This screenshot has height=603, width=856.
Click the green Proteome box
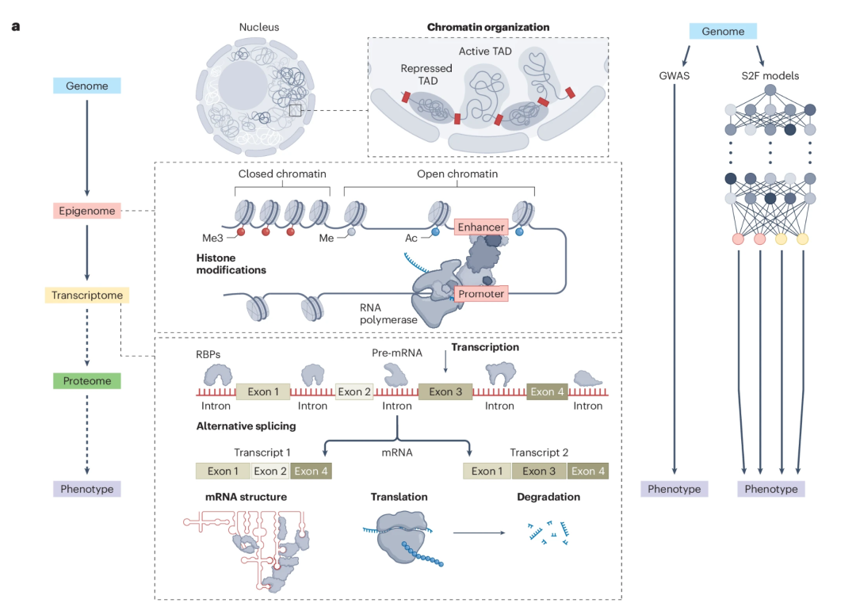tap(87, 381)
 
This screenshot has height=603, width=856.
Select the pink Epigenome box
tap(87, 211)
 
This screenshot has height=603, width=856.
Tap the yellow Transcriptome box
tap(87, 296)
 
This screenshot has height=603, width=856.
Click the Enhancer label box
tap(480, 227)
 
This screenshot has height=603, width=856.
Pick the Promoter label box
tap(481, 294)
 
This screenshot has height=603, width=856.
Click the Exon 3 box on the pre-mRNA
tap(445, 391)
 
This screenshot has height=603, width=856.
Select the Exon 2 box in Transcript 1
tap(270, 471)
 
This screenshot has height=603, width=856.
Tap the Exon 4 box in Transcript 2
tap(588, 471)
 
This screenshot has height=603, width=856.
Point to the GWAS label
tap(674, 76)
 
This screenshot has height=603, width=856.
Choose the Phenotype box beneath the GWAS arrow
tap(674, 489)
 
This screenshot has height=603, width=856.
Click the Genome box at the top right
tap(723, 32)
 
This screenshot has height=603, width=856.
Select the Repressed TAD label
tap(426, 74)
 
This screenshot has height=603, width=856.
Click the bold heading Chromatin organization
tap(488, 27)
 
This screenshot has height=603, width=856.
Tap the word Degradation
tap(548, 497)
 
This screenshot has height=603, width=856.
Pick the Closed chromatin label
tap(282, 174)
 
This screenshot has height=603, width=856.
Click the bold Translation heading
tap(399, 497)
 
